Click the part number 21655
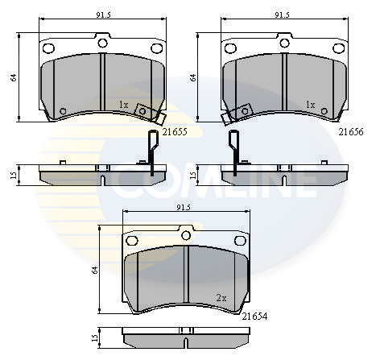tap(175, 132)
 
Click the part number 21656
tap(350, 132)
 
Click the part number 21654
tap(254, 317)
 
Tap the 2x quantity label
tap(221, 298)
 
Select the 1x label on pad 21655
tap(123, 105)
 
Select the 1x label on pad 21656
tap(310, 105)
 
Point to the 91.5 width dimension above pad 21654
tap(184, 208)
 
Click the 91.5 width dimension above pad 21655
tap(103, 15)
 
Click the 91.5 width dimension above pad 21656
tap(282, 15)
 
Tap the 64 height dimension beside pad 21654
tap(95, 270)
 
